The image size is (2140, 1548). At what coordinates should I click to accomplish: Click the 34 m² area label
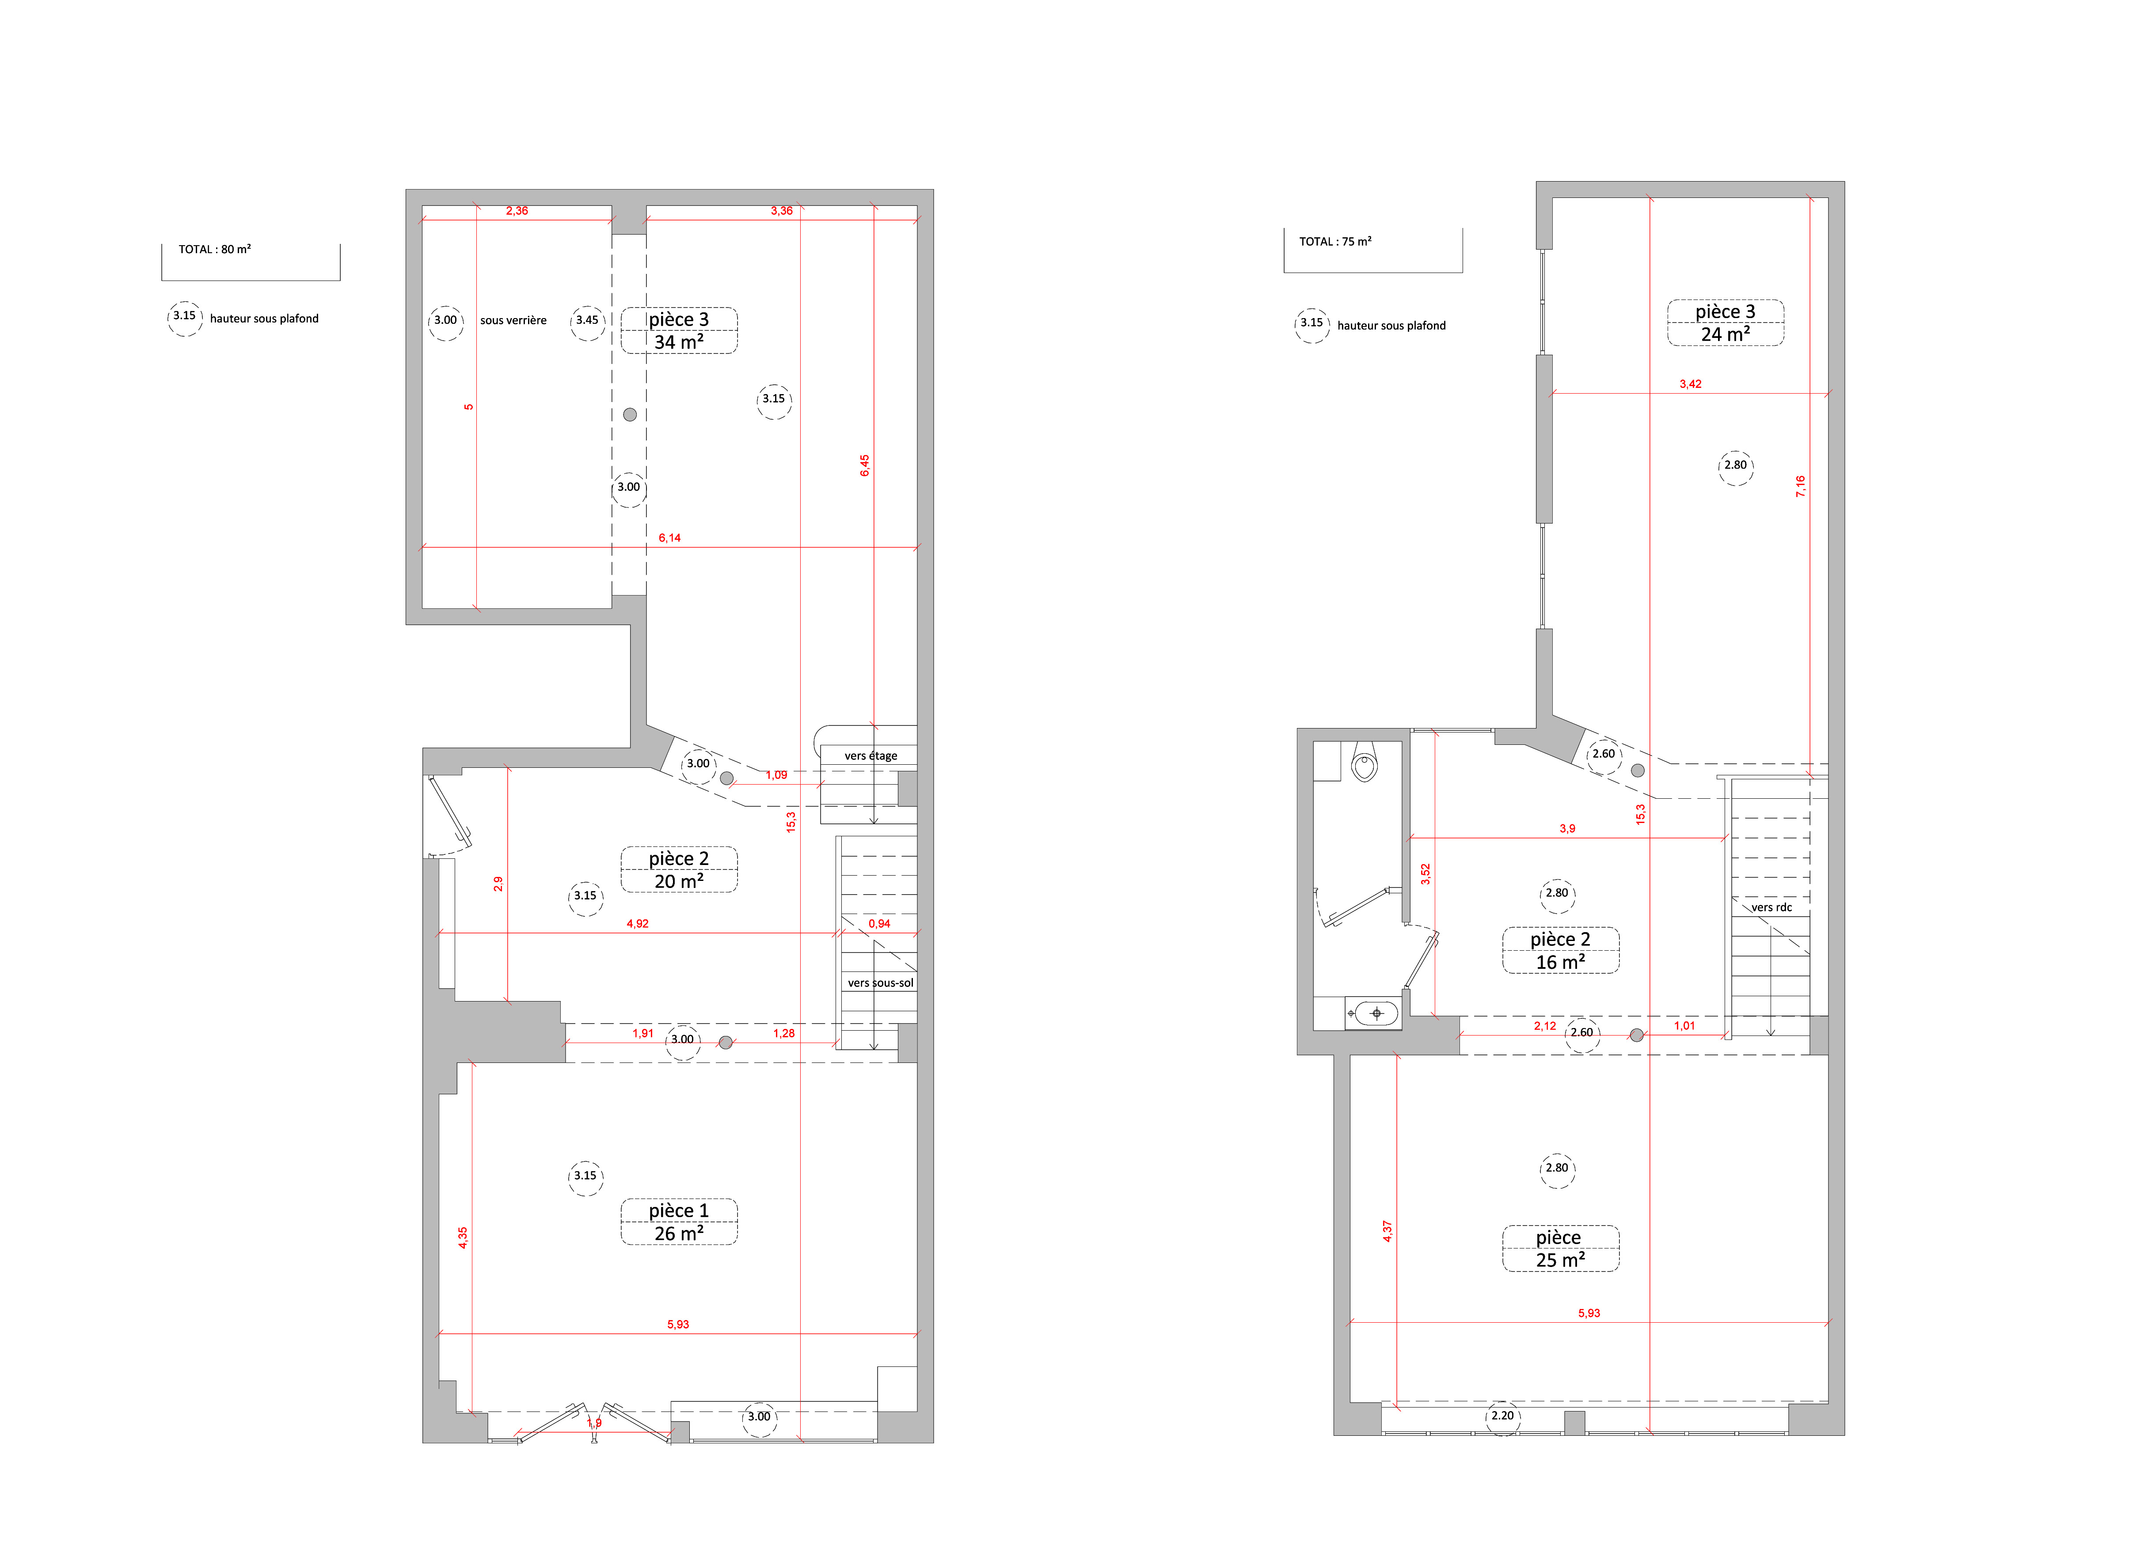tap(679, 342)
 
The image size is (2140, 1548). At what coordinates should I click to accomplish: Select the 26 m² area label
tap(679, 1234)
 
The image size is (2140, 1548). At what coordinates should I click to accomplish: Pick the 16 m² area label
tap(1561, 962)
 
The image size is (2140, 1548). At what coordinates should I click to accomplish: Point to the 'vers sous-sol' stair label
tap(880, 983)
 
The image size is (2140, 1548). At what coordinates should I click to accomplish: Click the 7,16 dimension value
tap(1800, 487)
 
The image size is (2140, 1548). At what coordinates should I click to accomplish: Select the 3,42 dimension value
tap(1691, 384)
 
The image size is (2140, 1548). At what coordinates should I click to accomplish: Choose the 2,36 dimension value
tap(517, 210)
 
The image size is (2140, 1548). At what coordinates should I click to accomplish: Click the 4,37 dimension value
tap(1387, 1231)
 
